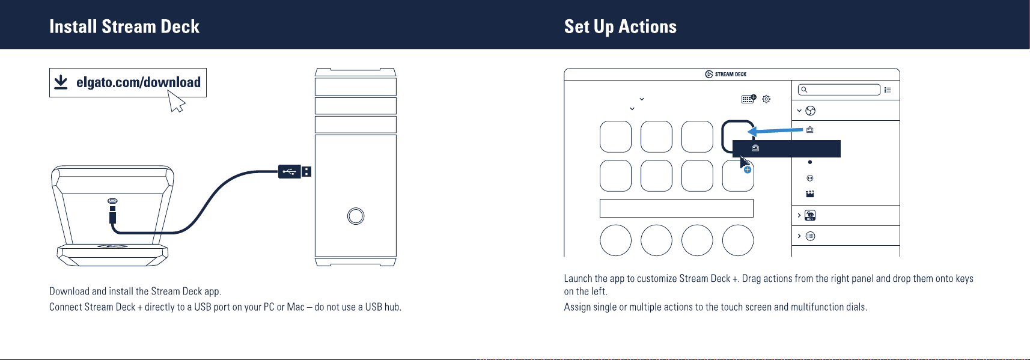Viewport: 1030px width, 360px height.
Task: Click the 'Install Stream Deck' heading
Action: tap(124, 26)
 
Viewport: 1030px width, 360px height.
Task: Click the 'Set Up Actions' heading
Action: tap(620, 26)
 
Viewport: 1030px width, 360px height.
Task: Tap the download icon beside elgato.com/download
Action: tap(61, 82)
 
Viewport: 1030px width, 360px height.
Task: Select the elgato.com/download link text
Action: tap(138, 82)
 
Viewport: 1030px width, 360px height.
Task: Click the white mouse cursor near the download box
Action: tap(175, 101)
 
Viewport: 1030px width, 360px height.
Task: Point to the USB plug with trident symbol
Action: tap(294, 171)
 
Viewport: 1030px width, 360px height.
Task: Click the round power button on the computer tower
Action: tap(355, 216)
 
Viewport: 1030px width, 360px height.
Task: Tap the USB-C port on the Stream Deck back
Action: tap(112, 201)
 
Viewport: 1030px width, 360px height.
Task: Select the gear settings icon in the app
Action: tap(766, 99)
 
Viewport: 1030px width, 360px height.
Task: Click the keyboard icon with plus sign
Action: tap(749, 99)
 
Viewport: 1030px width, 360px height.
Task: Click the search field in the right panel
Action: tap(839, 90)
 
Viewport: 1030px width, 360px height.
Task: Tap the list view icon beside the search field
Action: tap(888, 90)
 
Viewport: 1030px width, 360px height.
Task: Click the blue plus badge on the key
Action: tap(748, 170)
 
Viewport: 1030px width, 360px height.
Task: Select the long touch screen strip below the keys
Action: tap(677, 209)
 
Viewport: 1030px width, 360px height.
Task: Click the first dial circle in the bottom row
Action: tap(616, 240)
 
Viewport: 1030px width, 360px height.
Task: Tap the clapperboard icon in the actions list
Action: tap(810, 194)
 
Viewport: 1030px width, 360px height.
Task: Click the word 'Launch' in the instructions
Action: tap(578, 279)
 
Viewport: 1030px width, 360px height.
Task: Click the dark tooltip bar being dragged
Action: tap(786, 148)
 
